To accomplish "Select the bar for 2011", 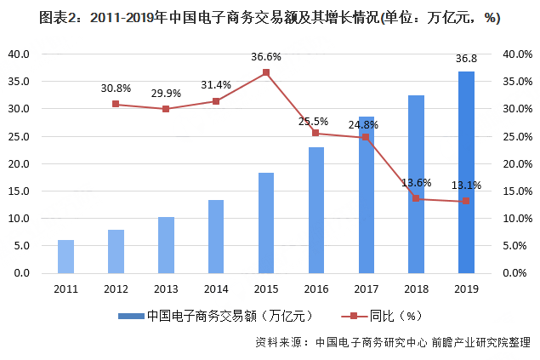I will [65, 256].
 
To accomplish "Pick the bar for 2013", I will [166, 245].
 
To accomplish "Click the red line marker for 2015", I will [265, 72].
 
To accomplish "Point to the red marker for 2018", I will [416, 198].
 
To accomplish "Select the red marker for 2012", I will [116, 105].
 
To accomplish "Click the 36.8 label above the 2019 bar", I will [465, 60].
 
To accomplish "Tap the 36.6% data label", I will [265, 57].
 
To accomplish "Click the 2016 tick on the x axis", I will [315, 288].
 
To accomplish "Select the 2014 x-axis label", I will [215, 288].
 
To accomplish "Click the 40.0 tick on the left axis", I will [20, 54].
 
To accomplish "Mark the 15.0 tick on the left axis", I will [20, 191].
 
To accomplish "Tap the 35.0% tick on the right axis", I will [518, 82].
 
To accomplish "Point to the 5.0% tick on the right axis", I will [518, 246].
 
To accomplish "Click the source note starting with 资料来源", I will [392, 343].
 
